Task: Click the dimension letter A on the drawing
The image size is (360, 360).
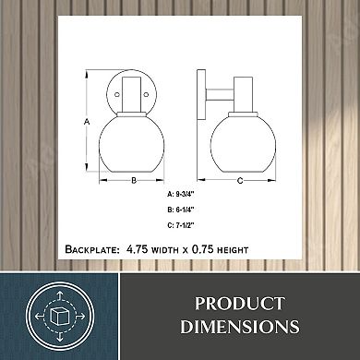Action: click(87, 122)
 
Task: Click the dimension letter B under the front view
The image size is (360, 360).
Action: click(134, 180)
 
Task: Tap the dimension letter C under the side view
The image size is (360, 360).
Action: click(240, 181)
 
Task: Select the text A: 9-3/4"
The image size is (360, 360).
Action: click(181, 194)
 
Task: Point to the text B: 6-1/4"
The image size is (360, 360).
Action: click(181, 210)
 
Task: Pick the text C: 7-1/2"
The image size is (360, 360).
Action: click(181, 225)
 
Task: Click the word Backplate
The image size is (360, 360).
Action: click(92, 249)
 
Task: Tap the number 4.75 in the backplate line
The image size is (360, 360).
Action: click(137, 249)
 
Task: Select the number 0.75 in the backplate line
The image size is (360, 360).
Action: click(203, 249)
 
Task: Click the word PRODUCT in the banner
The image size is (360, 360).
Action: click(240, 304)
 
